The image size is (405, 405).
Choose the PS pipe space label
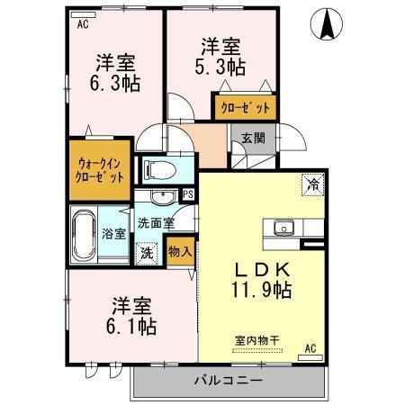pyautogui.click(x=187, y=193)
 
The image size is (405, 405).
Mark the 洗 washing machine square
pyautogui.click(x=146, y=253)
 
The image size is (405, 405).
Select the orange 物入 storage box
pyautogui.click(x=180, y=250)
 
